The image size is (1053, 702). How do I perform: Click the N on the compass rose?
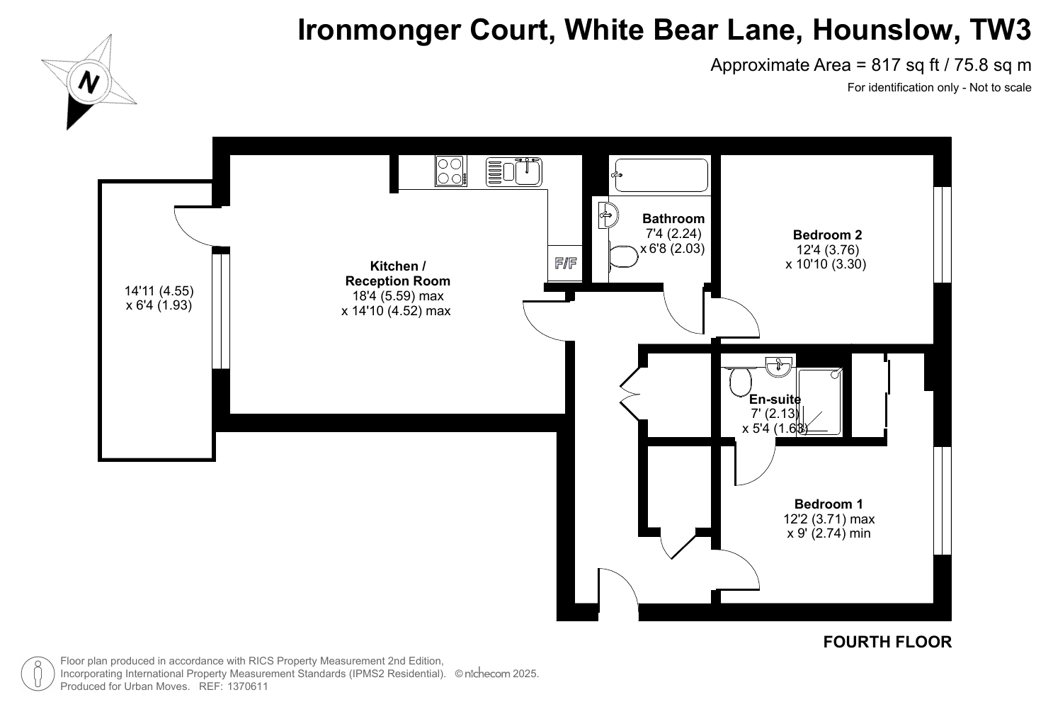(89, 83)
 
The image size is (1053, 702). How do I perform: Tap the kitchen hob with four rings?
(451, 171)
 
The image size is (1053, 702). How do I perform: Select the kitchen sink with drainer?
(514, 171)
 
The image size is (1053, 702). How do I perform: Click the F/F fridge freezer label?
(566, 264)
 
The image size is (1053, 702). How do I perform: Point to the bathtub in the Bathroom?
(661, 175)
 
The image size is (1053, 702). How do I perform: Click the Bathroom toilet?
(623, 256)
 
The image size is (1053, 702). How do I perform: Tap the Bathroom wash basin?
(608, 215)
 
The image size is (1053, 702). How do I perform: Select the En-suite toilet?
(741, 381)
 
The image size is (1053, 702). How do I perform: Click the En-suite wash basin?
(778, 366)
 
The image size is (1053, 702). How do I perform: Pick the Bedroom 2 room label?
(827, 234)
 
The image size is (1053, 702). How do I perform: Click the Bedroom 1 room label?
(829, 504)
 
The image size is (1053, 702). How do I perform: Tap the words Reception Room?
(398, 281)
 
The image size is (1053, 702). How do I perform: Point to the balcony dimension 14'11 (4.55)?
(159, 290)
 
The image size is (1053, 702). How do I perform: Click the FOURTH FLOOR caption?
(887, 642)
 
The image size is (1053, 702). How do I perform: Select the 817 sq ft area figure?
(905, 65)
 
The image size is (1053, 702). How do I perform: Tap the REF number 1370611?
(247, 686)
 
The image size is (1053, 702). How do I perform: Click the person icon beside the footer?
(38, 674)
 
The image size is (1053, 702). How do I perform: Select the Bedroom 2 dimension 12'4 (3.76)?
(827, 249)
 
